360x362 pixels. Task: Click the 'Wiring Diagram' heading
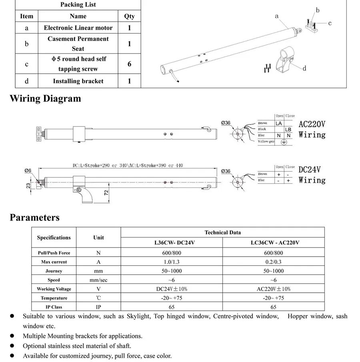click(x=45, y=99)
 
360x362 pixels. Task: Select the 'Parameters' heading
click(x=34, y=217)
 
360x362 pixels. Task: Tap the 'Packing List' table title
click(x=78, y=5)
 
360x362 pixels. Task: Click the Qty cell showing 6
click(x=129, y=64)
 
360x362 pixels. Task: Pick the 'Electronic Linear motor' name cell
click(x=78, y=28)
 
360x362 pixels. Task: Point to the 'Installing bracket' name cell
click(x=78, y=81)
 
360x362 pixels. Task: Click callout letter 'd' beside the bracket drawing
click(x=304, y=68)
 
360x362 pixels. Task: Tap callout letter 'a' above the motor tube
click(x=277, y=16)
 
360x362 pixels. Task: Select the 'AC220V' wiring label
click(x=312, y=124)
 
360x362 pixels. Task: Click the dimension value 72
click(x=106, y=193)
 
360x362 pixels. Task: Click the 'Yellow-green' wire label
click(x=266, y=142)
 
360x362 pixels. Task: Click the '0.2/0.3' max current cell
click(x=274, y=262)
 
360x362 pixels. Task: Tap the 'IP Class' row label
click(x=54, y=307)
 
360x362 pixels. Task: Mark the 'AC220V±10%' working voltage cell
click(x=274, y=289)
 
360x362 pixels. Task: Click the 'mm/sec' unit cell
click(x=98, y=280)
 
